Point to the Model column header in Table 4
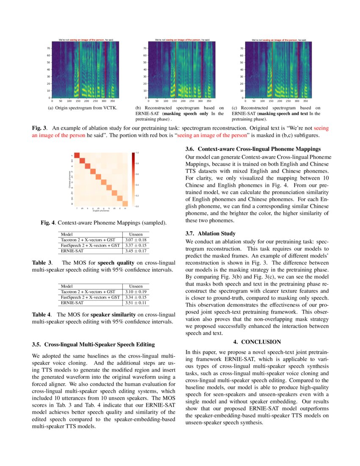(x=67, y=286)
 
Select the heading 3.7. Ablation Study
(x=210, y=233)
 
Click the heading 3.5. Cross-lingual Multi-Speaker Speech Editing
(x=93, y=344)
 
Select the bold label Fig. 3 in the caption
(x=40, y=128)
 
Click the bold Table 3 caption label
(x=42, y=263)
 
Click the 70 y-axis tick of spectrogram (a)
(x=48, y=48)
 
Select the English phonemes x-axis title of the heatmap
(x=101, y=211)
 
